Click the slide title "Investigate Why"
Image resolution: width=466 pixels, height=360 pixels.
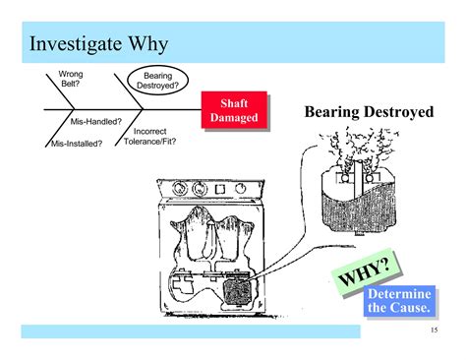98,44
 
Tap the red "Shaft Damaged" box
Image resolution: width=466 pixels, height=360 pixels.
234,111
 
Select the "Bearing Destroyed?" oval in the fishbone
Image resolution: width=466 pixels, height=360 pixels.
159,81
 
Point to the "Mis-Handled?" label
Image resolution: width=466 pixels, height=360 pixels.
96,121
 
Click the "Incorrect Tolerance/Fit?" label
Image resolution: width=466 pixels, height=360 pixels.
149,137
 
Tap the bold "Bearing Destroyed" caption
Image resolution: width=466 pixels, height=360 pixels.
369,113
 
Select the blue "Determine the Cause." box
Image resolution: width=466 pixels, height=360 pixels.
398,300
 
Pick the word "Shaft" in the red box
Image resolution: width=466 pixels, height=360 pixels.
235,104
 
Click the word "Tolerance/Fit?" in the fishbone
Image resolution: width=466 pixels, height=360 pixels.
149,142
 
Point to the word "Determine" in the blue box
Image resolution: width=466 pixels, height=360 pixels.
398,293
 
